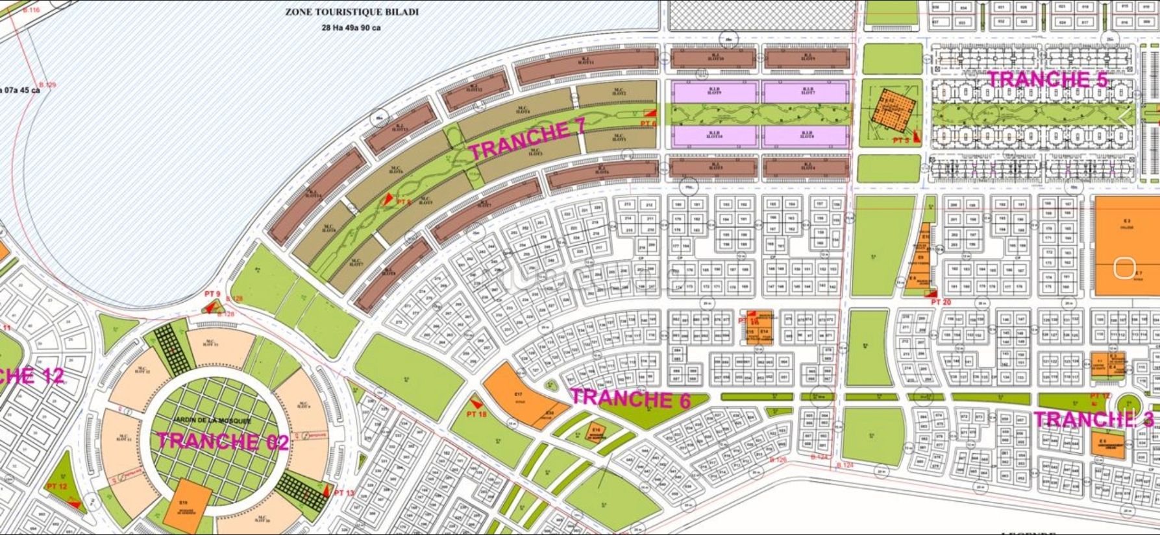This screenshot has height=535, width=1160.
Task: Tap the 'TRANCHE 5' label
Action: (1046, 79)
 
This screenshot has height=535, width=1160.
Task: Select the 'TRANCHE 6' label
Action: (630, 398)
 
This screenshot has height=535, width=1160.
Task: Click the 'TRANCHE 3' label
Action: (1093, 419)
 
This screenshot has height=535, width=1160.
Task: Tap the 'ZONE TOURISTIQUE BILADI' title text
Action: (352, 12)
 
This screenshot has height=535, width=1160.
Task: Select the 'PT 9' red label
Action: (212, 294)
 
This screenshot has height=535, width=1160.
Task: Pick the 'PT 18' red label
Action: (476, 414)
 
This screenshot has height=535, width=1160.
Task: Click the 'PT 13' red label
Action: (344, 493)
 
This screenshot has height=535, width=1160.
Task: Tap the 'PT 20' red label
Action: (941, 302)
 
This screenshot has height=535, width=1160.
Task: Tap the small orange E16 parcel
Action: (596, 431)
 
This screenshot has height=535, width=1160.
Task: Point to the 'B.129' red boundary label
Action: (47, 85)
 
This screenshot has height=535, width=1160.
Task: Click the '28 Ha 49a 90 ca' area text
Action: (351, 28)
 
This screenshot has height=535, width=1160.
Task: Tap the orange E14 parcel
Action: (764, 332)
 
